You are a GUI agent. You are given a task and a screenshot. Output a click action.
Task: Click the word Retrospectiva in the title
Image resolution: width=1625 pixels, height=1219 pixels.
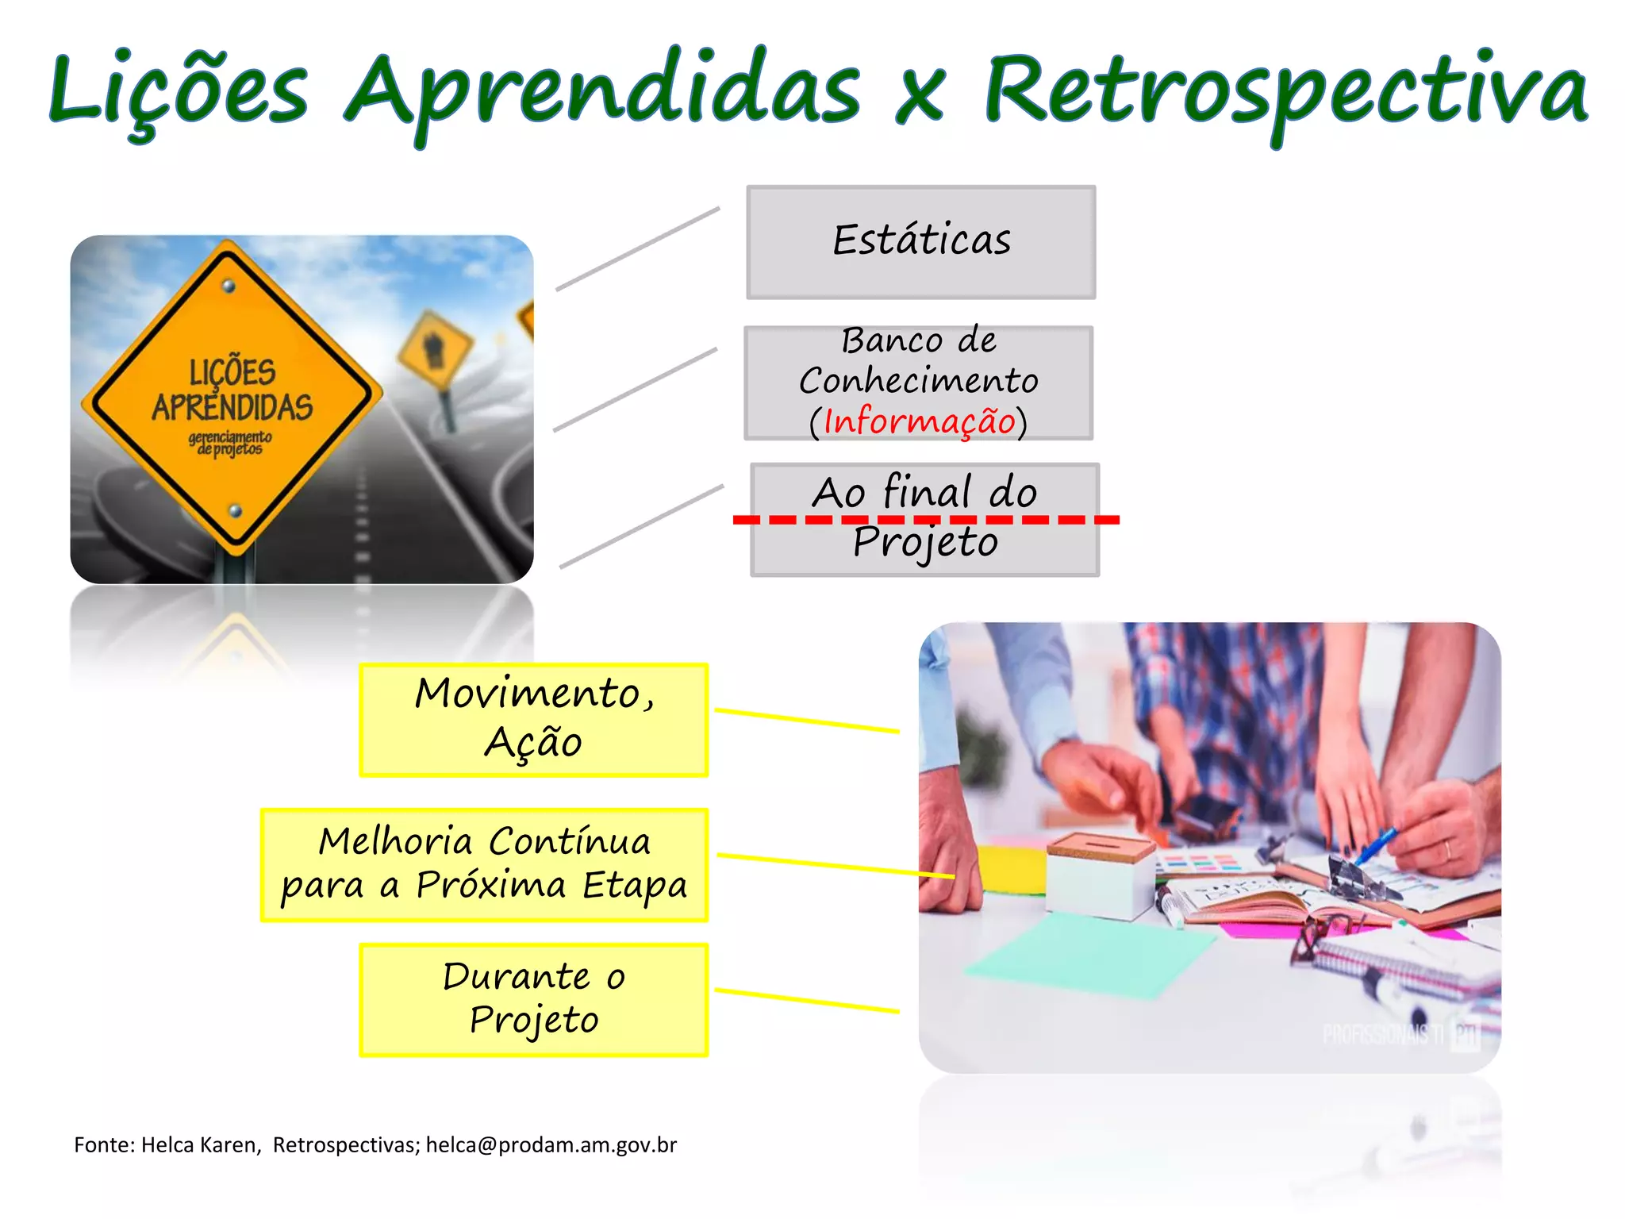[x=1285, y=91]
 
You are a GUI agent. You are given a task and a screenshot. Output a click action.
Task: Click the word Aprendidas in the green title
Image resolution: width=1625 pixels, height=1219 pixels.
[x=603, y=91]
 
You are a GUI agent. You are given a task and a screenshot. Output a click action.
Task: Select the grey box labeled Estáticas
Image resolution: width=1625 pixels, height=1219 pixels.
[x=920, y=242]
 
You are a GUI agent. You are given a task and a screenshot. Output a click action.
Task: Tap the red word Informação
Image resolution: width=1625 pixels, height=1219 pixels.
[x=919, y=421]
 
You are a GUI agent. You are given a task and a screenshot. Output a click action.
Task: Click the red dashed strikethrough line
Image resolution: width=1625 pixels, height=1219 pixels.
[x=925, y=520]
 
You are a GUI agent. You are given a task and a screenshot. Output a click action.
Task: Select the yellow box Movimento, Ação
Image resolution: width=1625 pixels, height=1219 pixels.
[x=533, y=719]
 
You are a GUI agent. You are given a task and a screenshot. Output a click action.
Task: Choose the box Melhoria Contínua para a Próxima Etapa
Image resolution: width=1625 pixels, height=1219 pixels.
[x=484, y=864]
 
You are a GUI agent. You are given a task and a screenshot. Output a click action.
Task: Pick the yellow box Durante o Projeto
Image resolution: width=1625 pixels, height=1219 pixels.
[x=533, y=999]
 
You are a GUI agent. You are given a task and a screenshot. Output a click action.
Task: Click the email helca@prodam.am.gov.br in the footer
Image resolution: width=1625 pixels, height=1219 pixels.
[x=551, y=1144]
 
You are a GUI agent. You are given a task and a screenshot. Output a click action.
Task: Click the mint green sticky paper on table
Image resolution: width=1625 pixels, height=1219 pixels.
[x=1087, y=952]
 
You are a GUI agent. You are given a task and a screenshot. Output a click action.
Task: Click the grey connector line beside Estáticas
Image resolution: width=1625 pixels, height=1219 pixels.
[x=637, y=249]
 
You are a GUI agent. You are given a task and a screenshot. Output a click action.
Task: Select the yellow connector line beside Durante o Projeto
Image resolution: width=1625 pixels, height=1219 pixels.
[x=806, y=1001]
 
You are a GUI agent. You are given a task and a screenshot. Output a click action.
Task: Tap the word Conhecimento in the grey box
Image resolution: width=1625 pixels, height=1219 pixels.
[x=919, y=381]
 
